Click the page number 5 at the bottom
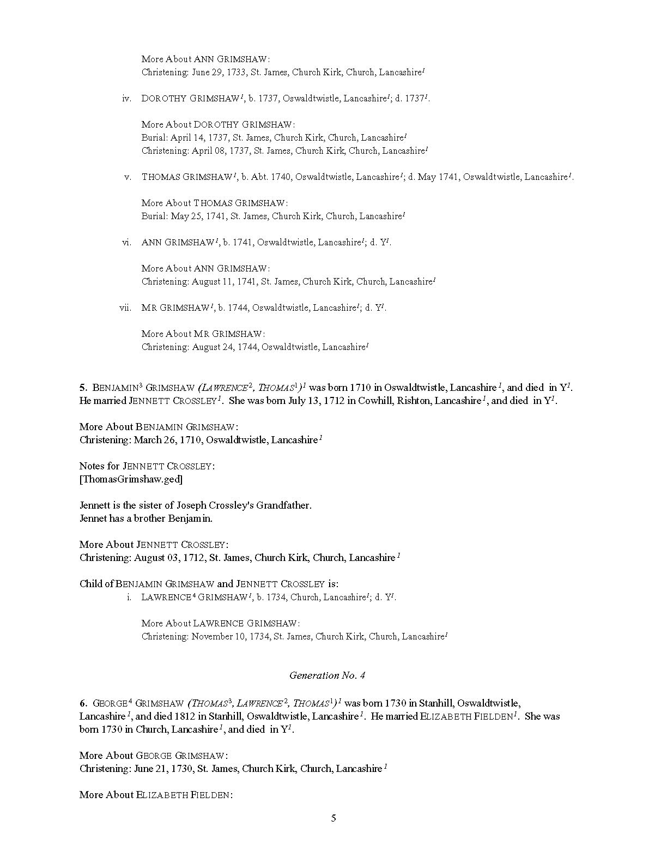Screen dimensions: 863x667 333,818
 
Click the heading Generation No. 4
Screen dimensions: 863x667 327,675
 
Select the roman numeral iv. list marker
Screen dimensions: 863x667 127,99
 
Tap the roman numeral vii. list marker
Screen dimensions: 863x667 125,308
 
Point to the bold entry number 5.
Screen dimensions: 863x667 83,388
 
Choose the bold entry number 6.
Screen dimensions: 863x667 83,704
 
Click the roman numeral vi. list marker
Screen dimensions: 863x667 127,243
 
